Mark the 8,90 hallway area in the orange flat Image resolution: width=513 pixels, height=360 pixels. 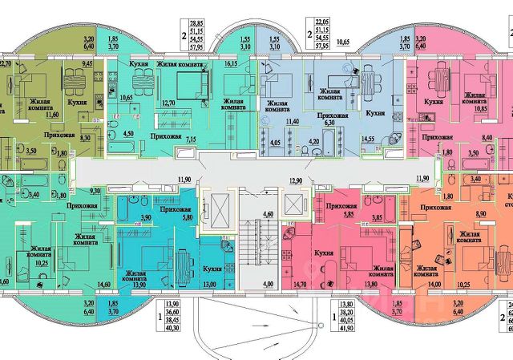459,214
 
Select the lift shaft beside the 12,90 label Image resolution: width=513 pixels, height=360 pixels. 293,206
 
